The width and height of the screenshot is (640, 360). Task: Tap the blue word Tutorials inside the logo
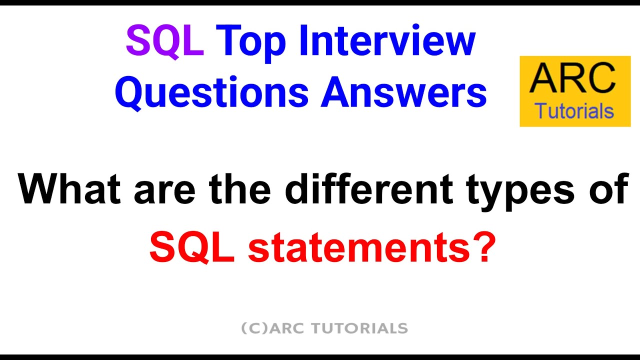[x=574, y=111]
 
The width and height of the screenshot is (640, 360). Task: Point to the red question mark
[x=479, y=247]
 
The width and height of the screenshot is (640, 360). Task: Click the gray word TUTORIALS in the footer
[x=359, y=328]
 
